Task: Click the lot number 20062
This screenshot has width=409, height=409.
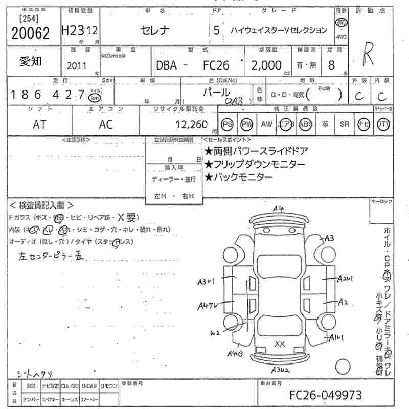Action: point(30,33)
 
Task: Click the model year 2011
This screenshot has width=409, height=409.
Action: point(77,66)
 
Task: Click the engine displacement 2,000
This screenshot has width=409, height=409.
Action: point(266,65)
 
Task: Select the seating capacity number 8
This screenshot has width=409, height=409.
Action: point(332,65)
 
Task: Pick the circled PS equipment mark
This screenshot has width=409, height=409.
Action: point(227,124)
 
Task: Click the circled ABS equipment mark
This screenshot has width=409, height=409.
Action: point(306,124)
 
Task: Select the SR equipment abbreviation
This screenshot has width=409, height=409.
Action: point(345,124)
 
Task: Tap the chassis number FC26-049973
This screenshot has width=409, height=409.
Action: point(326,395)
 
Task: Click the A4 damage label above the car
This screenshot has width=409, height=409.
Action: point(278,209)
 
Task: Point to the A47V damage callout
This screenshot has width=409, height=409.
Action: point(208,306)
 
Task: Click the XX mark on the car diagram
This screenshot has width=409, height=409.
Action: point(280,344)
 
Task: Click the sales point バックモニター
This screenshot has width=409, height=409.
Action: point(238,177)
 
